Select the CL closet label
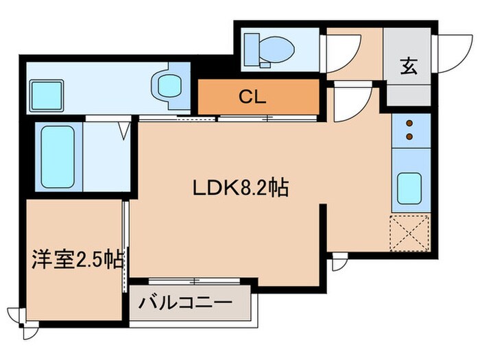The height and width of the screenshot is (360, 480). tap(252, 97)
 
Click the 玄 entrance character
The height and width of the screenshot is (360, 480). tap(408, 67)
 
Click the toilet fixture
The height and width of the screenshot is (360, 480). tap(271, 47)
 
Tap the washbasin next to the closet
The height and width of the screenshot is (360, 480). tap(169, 86)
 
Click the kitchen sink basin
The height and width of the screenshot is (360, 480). tap(409, 185)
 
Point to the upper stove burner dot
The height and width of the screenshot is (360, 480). tap(410, 124)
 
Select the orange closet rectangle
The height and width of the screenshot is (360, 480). tap(259, 97)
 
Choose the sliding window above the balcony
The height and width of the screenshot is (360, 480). tap(194, 280)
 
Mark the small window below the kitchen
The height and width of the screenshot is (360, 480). tap(338, 261)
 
